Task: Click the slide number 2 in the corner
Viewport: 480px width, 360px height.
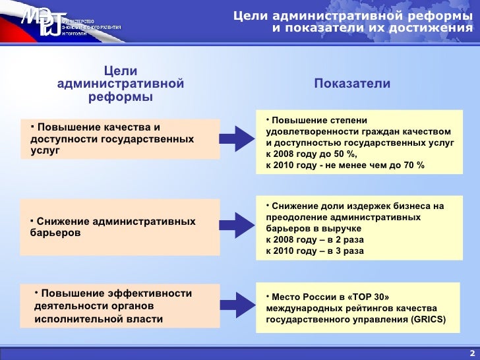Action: point(471,352)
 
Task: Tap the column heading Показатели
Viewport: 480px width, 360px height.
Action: point(352,84)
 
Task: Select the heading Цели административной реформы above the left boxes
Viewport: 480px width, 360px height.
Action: point(121,84)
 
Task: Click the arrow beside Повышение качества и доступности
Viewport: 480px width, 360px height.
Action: point(235,138)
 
